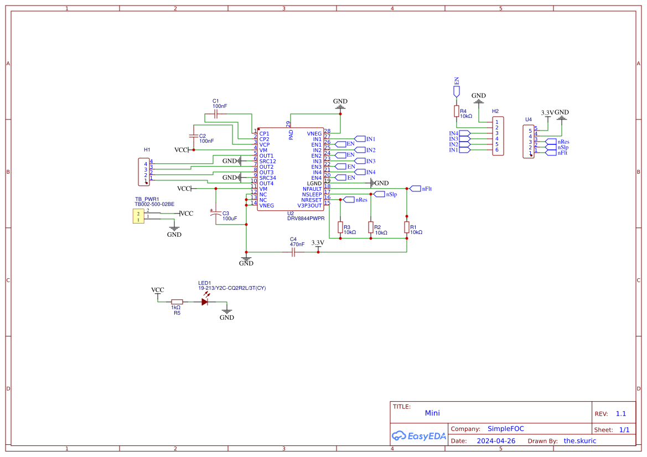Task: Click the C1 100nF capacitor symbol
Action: pyautogui.click(x=216, y=115)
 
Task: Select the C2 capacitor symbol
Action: pyautogui.click(x=194, y=136)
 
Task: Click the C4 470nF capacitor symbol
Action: pyautogui.click(x=293, y=252)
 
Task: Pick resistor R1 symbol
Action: pyautogui.click(x=407, y=227)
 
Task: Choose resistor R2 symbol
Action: pyautogui.click(x=371, y=227)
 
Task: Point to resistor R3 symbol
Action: pyautogui.click(x=340, y=227)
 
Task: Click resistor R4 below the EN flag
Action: pyautogui.click(x=456, y=111)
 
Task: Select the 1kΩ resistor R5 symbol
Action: pyautogui.click(x=177, y=302)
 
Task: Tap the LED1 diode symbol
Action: pyautogui.click(x=205, y=302)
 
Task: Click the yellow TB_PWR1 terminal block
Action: pyautogui.click(x=138, y=216)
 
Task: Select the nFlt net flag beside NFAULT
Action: pyautogui.click(x=415, y=189)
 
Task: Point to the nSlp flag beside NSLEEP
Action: pyautogui.click(x=379, y=194)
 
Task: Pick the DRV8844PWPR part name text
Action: pyautogui.click(x=306, y=219)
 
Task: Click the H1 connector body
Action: pyautogui.click(x=142, y=172)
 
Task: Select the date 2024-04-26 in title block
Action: pyautogui.click(x=496, y=441)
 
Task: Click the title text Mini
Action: pyautogui.click(x=432, y=413)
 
